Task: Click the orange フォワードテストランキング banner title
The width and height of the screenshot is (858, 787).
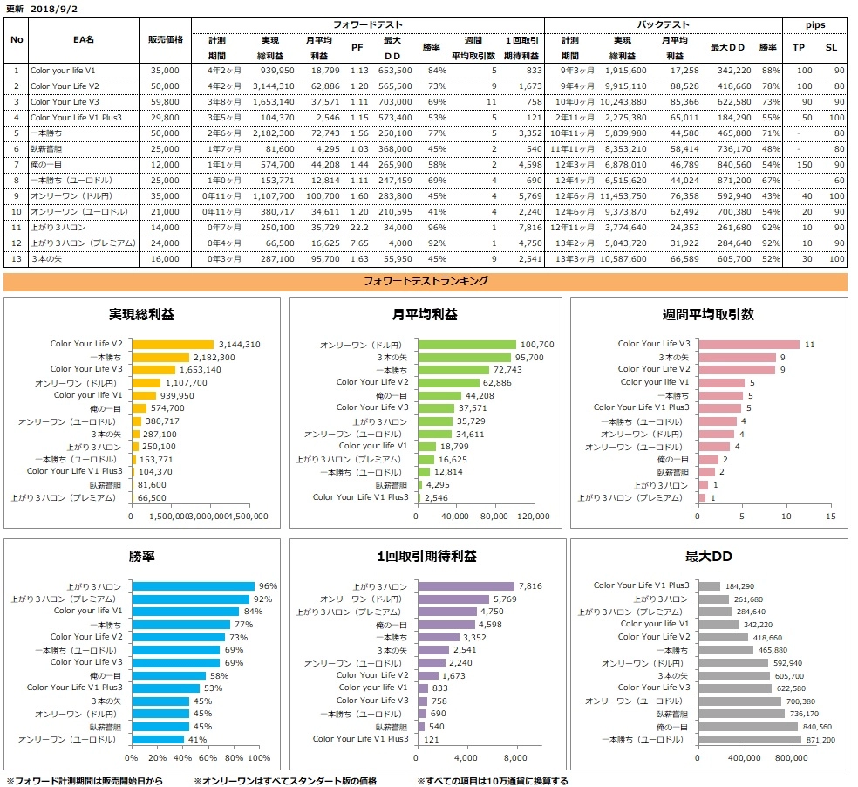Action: click(425, 281)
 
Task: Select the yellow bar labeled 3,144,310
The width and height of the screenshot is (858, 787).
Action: click(172, 345)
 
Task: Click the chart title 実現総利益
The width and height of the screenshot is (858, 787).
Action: click(142, 315)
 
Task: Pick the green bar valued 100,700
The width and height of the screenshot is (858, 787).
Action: click(466, 345)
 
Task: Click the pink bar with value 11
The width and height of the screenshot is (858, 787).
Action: click(748, 345)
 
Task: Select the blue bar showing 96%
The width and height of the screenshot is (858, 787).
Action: click(193, 586)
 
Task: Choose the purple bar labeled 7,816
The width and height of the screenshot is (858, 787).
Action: click(466, 586)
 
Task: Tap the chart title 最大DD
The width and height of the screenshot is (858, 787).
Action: click(709, 556)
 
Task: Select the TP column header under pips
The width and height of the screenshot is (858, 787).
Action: click(798, 48)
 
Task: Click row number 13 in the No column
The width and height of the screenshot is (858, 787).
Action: click(16, 259)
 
